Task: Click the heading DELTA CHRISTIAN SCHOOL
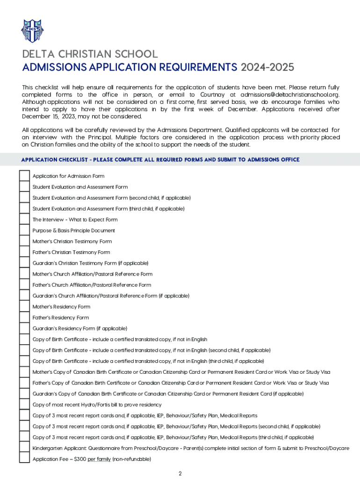point(90,54)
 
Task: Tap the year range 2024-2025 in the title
point(267,67)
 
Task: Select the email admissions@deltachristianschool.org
point(290,95)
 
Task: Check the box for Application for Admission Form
point(24,176)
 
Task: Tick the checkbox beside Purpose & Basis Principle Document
point(24,231)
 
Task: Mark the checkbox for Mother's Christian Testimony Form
point(24,241)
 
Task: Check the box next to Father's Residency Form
point(24,318)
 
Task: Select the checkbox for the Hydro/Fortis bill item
point(24,405)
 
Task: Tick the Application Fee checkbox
point(24,459)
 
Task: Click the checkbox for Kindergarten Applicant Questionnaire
point(24,448)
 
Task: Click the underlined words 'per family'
point(99,459)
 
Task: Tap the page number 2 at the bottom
point(180,473)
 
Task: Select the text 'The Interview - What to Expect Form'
point(75,220)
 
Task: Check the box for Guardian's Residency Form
point(24,328)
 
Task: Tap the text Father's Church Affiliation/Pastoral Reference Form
point(92,285)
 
